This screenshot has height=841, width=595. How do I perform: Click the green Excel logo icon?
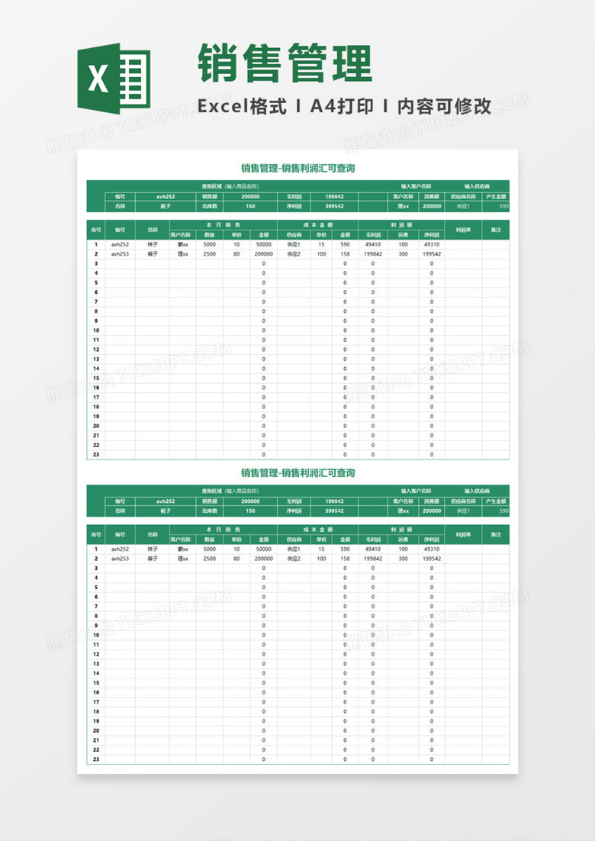click(114, 76)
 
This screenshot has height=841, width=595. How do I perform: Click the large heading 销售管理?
click(285, 63)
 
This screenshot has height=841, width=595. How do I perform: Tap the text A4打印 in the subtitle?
click(341, 107)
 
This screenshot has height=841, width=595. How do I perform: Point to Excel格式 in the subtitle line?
click(243, 107)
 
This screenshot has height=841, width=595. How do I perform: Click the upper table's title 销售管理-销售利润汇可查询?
click(297, 168)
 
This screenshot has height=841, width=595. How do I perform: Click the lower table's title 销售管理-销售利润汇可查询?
click(297, 473)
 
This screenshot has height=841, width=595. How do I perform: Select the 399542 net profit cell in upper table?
click(334, 206)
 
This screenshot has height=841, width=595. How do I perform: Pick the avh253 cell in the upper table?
click(120, 254)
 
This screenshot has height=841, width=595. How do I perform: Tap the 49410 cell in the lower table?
click(373, 549)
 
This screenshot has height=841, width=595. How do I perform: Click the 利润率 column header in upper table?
click(463, 229)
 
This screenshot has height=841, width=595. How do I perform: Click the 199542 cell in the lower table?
click(431, 559)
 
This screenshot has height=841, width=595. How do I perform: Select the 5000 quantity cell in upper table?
click(210, 245)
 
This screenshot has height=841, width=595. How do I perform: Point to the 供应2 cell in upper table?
click(294, 254)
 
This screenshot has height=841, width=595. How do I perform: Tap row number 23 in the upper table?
click(96, 454)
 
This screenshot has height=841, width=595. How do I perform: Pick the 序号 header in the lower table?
click(96, 534)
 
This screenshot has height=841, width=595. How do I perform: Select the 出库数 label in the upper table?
click(210, 206)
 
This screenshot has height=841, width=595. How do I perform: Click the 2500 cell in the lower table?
click(210, 559)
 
